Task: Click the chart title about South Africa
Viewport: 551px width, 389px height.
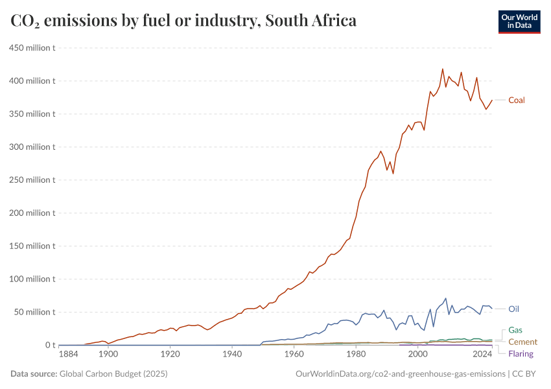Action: (183, 21)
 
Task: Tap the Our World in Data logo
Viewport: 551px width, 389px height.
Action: (519, 21)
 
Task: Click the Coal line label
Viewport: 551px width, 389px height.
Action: (516, 100)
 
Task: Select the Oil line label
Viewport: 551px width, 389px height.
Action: (513, 309)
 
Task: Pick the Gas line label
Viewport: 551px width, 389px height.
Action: (515, 330)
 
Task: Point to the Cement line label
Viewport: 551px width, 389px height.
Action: (522, 342)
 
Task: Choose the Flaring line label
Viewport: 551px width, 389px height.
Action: (521, 354)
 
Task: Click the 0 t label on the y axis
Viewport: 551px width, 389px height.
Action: (49, 345)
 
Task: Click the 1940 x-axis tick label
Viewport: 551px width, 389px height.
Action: (231, 354)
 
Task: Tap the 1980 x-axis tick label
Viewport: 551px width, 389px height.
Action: (356, 354)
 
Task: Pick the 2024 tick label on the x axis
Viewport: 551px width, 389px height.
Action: (482, 354)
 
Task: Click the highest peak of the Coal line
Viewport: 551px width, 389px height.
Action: (443, 69)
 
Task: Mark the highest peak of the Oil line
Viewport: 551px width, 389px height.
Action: (445, 298)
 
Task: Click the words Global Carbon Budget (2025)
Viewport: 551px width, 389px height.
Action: (114, 374)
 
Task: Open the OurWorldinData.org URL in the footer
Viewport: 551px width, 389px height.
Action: (400, 374)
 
